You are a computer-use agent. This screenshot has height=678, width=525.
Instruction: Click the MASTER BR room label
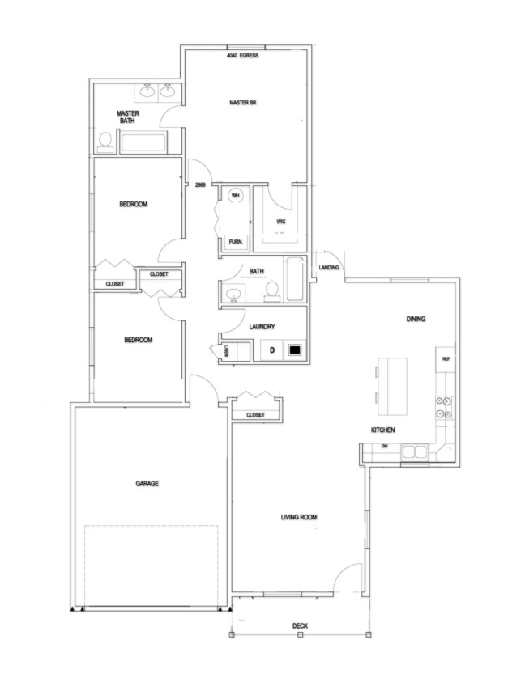pyautogui.click(x=243, y=103)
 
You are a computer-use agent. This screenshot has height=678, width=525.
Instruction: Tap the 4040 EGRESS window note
pyautogui.click(x=242, y=56)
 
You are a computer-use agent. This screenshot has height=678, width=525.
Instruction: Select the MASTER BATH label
pyautogui.click(x=127, y=117)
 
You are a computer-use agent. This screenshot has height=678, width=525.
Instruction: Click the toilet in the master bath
pyautogui.click(x=105, y=142)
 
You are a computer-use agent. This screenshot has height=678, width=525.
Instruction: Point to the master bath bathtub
pyautogui.click(x=143, y=144)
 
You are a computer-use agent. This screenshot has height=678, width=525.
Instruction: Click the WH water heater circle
pyautogui.click(x=236, y=196)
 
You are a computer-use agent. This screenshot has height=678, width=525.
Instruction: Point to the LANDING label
pyautogui.click(x=329, y=268)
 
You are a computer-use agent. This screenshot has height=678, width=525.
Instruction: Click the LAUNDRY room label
pyautogui.click(x=262, y=327)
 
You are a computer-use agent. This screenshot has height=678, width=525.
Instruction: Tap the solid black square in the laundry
pyautogui.click(x=295, y=350)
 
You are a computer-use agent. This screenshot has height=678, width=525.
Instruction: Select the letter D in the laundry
pyautogui.click(x=272, y=350)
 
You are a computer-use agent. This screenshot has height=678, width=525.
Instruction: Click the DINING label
pyautogui.click(x=416, y=319)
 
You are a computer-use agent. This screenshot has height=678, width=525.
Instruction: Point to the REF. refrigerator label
pyautogui.click(x=445, y=358)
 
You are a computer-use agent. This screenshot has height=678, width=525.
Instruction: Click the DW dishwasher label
pyautogui.click(x=386, y=447)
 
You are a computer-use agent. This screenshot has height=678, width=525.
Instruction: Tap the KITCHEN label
pyautogui.click(x=382, y=430)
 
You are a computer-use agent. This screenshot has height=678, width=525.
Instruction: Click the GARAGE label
pyautogui.click(x=147, y=483)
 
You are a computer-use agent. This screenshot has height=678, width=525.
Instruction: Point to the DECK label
pyautogui.click(x=300, y=625)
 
